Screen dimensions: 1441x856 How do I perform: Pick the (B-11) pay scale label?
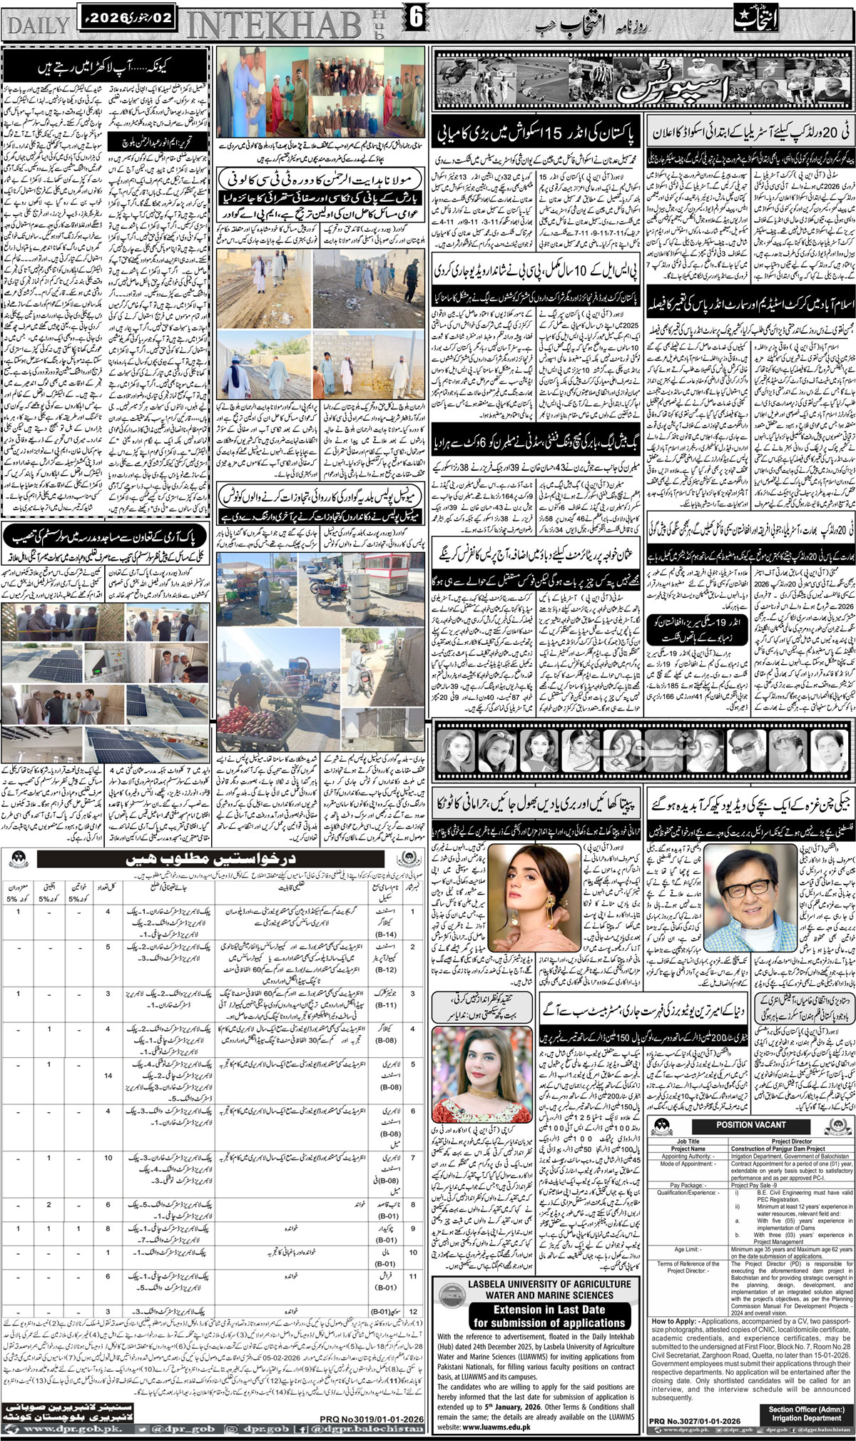pos(386,1008)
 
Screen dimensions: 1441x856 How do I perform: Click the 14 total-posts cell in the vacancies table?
pos(108,1075)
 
